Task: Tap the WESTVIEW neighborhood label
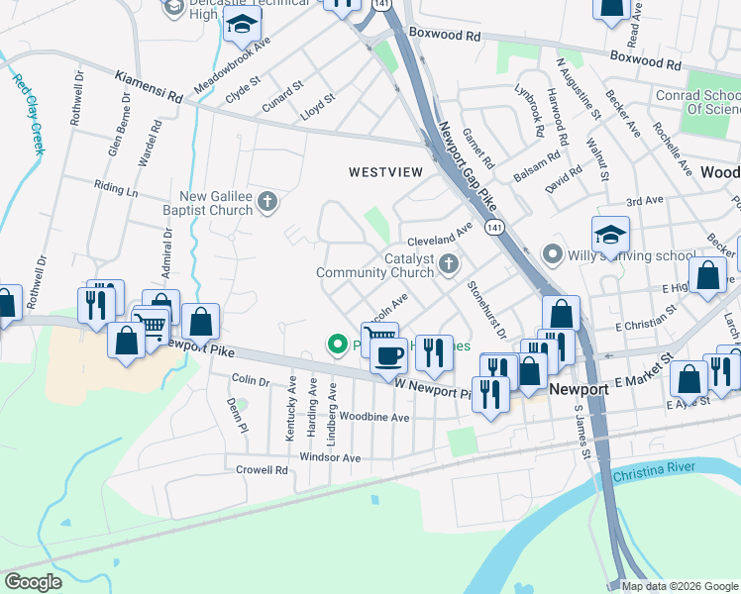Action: [385, 172]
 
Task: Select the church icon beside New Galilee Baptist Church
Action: [266, 203]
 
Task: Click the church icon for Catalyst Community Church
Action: [449, 263]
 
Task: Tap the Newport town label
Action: [580, 389]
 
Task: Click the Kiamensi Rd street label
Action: [149, 85]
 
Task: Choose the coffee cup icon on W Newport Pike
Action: [388, 355]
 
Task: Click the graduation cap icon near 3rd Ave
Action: [610, 236]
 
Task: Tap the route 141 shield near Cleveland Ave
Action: [491, 228]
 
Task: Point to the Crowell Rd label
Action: [262, 469]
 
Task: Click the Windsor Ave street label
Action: [331, 457]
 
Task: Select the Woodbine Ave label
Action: [373, 418]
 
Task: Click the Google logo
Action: [34, 581]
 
